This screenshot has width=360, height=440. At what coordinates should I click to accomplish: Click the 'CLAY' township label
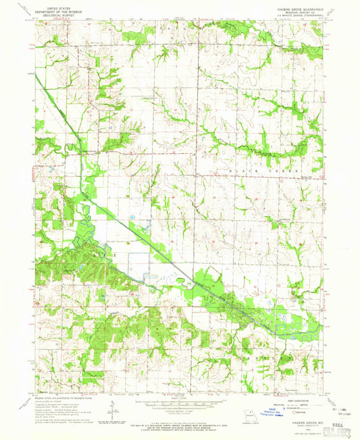pos(101,255)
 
